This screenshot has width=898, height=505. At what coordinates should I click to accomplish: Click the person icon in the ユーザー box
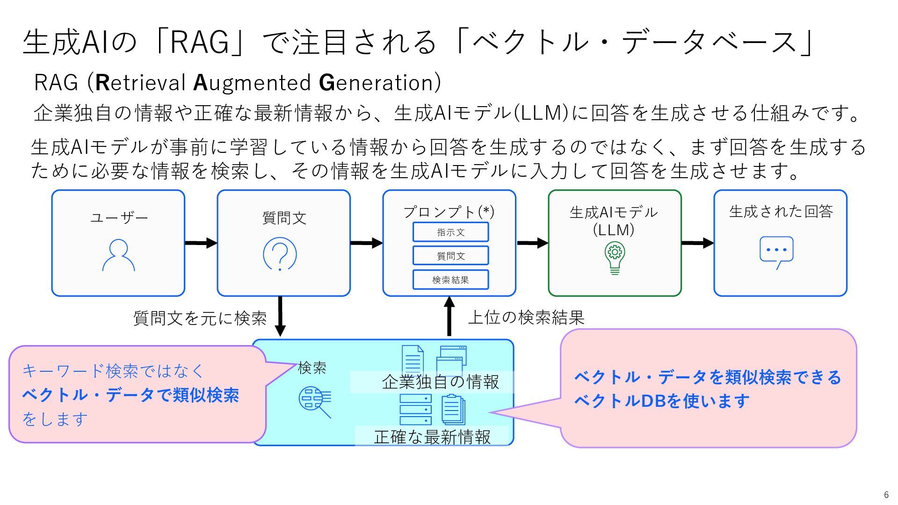click(118, 255)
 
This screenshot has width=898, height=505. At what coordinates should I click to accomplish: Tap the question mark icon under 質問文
click(280, 254)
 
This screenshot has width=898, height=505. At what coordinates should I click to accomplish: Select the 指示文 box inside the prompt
click(450, 232)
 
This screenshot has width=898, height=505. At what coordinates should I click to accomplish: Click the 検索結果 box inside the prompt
click(450, 280)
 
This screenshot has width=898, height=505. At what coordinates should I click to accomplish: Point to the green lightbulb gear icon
click(615, 258)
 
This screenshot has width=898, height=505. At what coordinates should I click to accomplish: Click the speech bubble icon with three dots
click(776, 253)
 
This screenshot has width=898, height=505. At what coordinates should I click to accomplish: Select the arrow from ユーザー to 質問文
click(201, 243)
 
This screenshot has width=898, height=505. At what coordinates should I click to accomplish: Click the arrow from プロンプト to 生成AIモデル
click(533, 243)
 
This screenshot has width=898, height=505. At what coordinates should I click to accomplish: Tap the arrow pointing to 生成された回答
click(698, 243)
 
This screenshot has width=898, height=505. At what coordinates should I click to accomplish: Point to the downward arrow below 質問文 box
click(280, 317)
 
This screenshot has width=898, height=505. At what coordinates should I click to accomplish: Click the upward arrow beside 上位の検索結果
click(449, 317)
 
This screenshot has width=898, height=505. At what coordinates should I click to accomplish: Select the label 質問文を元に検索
click(200, 318)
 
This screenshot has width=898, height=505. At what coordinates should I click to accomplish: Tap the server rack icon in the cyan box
click(415, 410)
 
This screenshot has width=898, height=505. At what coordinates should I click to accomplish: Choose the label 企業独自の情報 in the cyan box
click(441, 382)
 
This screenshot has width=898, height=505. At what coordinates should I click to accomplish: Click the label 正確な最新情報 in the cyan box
click(433, 437)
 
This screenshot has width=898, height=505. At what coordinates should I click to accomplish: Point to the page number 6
click(886, 495)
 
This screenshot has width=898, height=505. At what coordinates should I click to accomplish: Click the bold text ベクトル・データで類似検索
click(130, 395)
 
